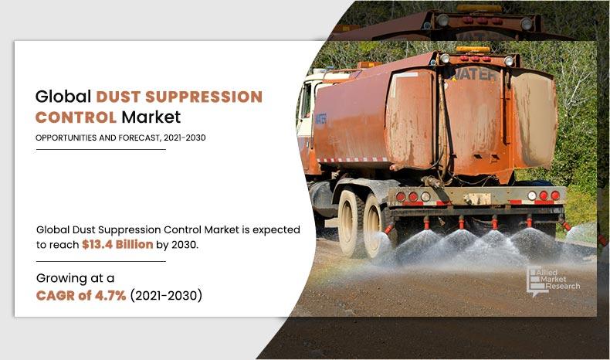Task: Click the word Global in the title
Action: click(x=63, y=97)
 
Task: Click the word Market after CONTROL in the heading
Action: click(x=151, y=118)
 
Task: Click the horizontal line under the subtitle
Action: click(x=100, y=148)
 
